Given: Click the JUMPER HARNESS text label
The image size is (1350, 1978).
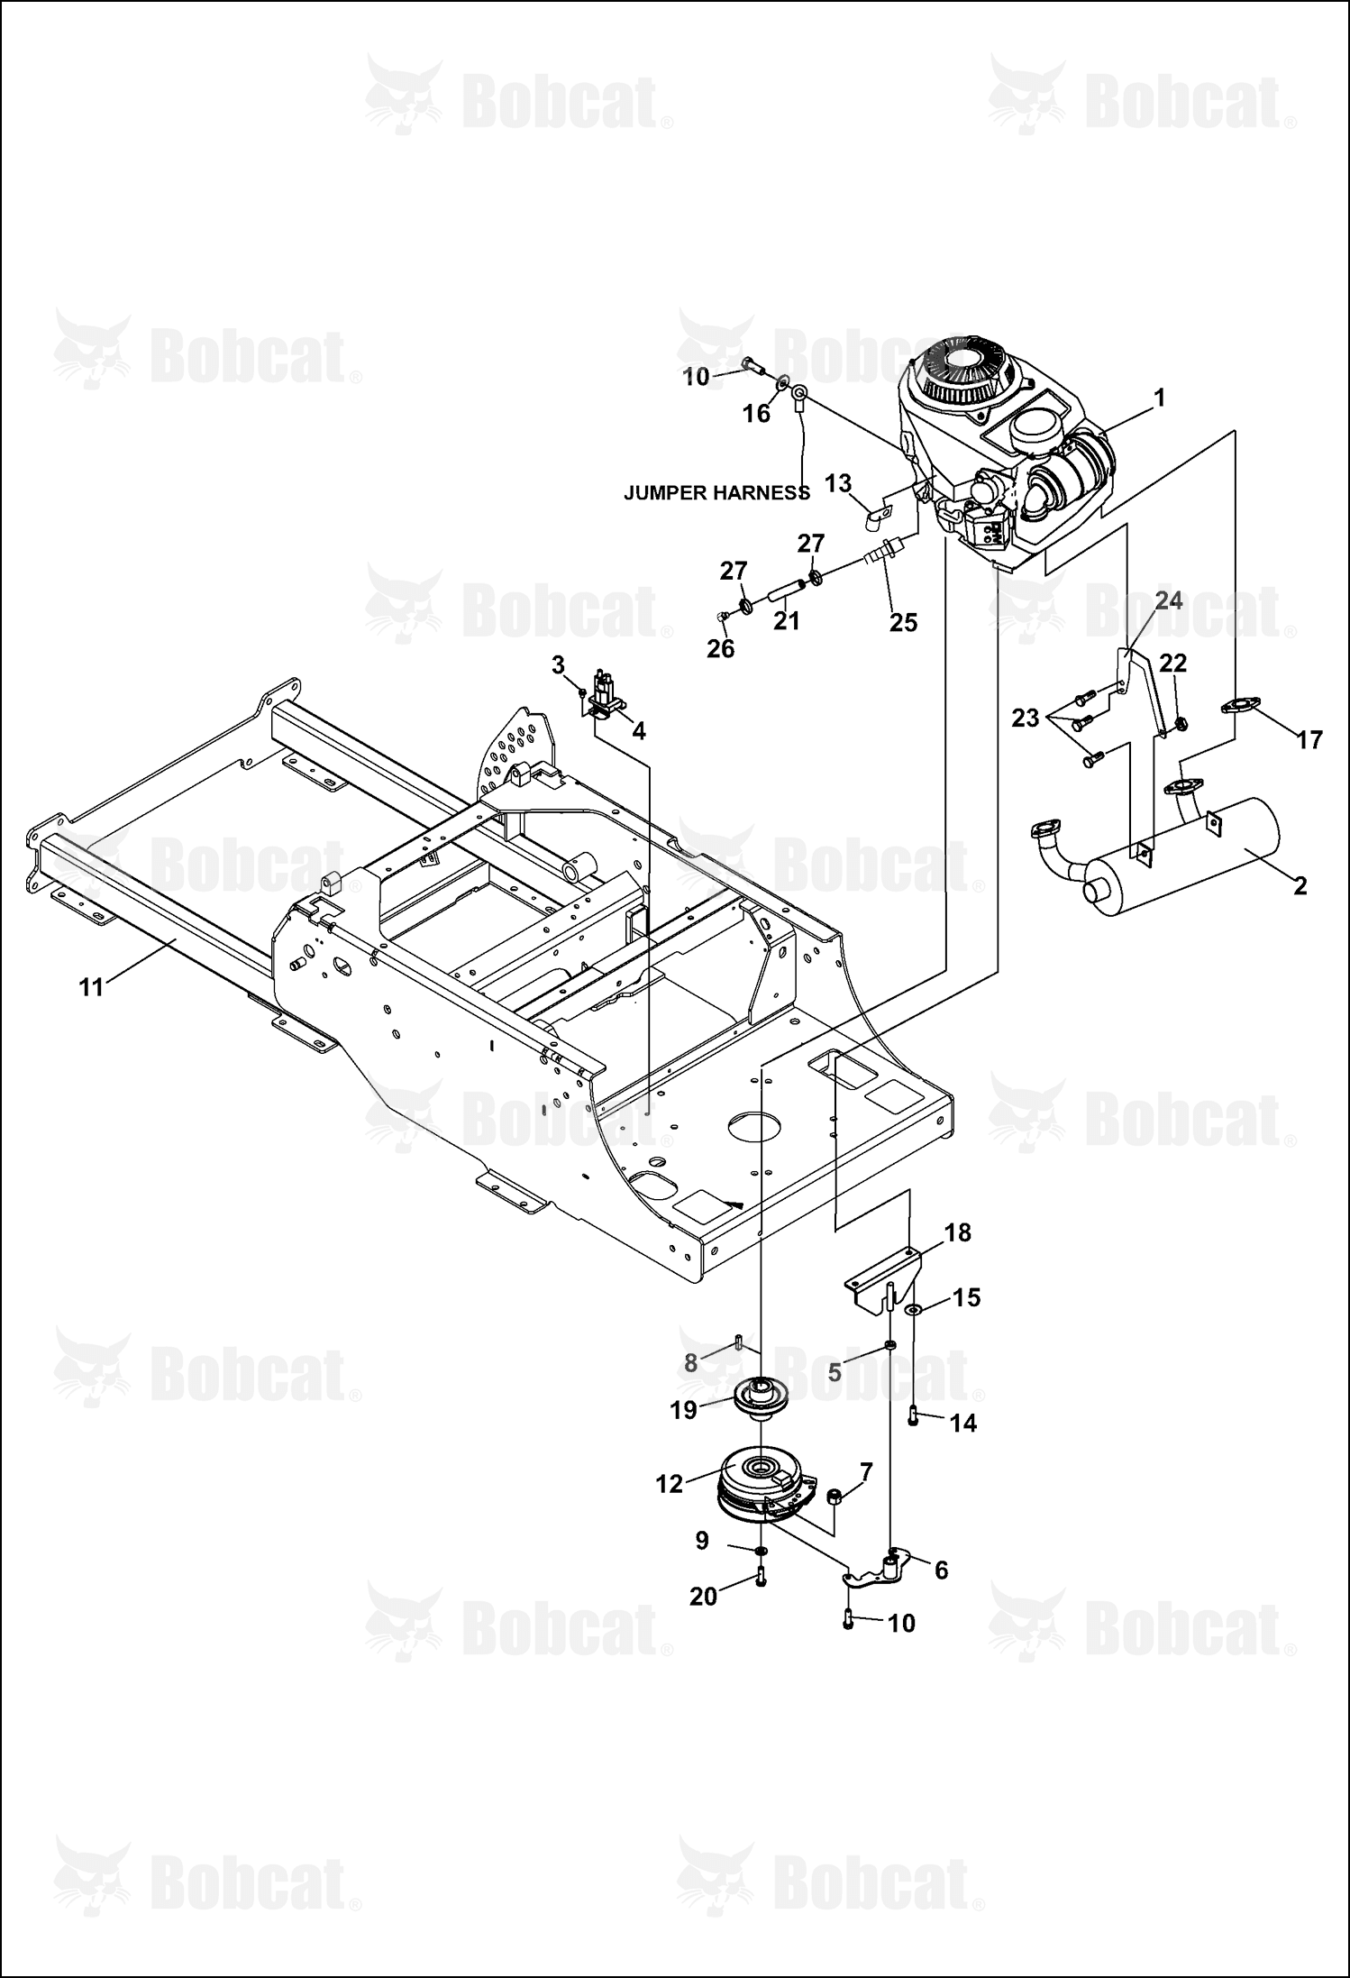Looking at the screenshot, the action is [716, 493].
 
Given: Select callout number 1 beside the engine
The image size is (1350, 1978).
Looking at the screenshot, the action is [1160, 398].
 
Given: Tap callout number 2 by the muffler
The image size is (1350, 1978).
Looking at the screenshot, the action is [1299, 885].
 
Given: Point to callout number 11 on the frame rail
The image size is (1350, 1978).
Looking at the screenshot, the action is [91, 987].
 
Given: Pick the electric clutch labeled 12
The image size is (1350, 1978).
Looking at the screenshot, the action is [765, 1490].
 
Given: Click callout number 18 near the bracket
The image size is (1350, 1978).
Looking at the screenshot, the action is [958, 1232].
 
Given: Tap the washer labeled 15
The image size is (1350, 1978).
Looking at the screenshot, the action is [913, 1308].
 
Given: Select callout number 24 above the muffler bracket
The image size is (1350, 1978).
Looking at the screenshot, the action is [1169, 600].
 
